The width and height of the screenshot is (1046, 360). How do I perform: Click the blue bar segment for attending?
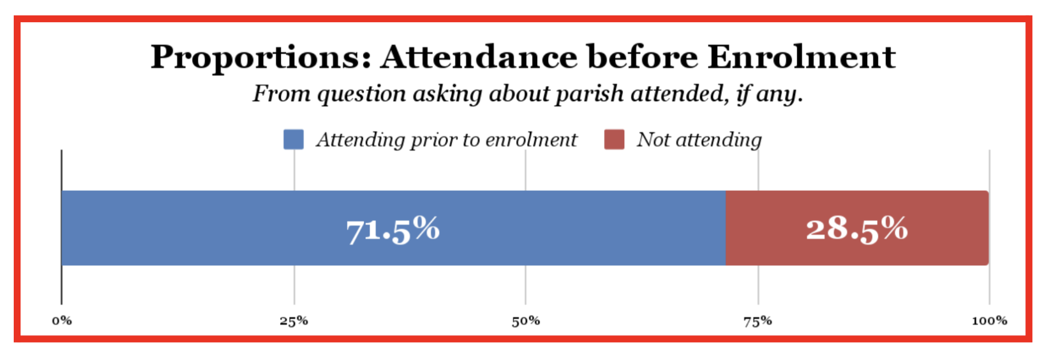tap(229, 228)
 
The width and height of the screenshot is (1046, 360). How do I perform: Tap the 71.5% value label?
tap(393, 229)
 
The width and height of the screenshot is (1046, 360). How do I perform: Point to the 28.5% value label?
tap(857, 229)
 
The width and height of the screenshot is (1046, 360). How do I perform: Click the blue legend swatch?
tap(293, 139)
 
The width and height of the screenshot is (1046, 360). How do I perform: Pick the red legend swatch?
tap(614, 139)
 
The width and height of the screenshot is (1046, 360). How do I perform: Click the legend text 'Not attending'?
tap(699, 139)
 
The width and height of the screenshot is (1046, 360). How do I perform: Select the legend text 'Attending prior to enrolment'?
tap(446, 139)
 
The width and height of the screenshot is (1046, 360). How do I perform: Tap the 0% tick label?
tap(62, 321)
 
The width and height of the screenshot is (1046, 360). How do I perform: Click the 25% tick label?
tap(294, 321)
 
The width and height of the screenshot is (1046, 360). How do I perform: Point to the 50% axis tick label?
tap(526, 321)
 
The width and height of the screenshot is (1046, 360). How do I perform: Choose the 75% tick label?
tap(758, 321)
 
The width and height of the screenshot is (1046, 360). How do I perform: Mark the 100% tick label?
tap(989, 321)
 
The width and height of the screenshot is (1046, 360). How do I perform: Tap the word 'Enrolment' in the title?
tap(801, 57)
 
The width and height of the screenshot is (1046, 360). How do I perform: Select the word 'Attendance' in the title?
tap(479, 57)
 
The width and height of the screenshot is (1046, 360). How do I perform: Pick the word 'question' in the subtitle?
tap(361, 94)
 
